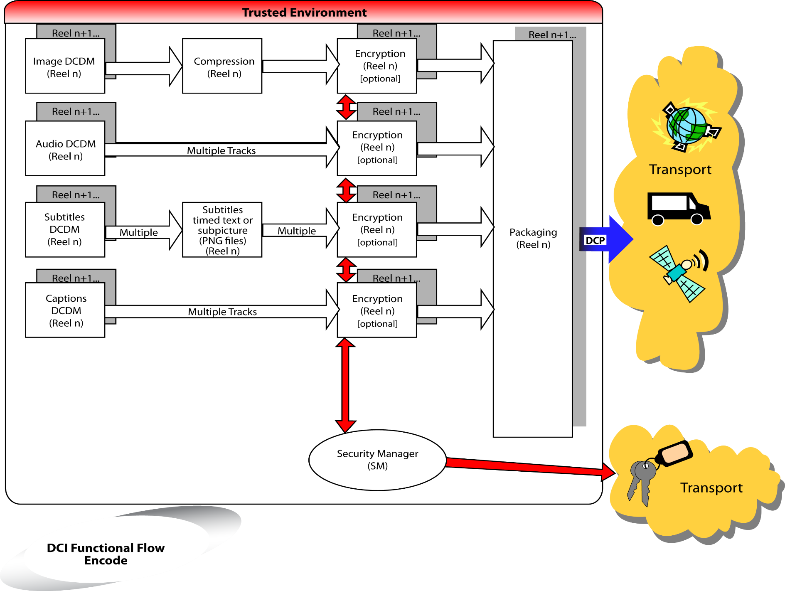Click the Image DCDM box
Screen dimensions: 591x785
64,66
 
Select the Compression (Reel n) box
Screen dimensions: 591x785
222,66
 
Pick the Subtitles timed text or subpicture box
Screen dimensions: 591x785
222,230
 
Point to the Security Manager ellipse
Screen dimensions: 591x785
377,460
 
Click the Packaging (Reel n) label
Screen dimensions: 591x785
533,239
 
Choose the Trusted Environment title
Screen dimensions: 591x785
304,12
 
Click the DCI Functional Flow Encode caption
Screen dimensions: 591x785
106,554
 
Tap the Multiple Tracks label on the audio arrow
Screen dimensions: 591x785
221,150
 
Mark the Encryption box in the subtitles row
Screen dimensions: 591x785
377,230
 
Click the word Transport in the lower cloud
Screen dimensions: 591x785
711,488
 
